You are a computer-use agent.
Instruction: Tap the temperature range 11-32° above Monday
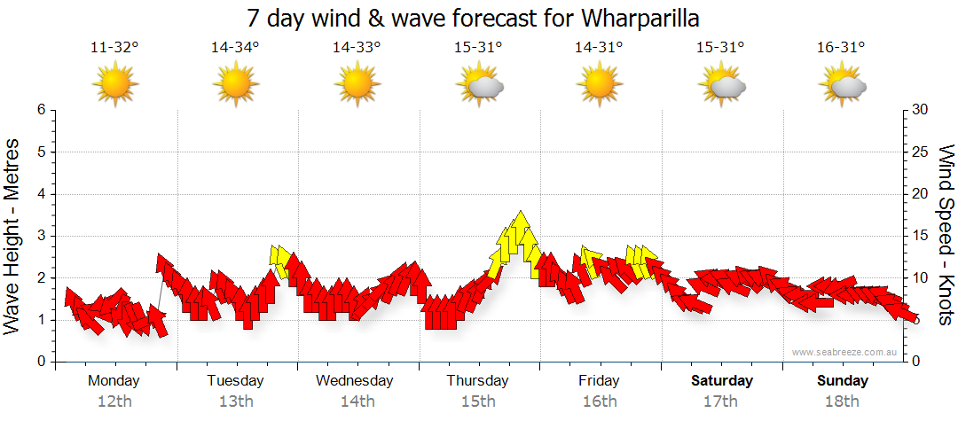coord(114,48)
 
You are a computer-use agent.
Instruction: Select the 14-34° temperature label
coord(235,48)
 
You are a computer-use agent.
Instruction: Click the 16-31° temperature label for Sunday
coord(841,48)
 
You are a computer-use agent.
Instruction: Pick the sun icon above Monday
coord(115,85)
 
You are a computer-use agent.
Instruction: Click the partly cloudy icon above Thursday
coord(479,85)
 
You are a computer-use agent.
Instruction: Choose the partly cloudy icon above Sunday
coord(842,85)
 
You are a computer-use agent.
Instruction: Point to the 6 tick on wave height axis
coord(41,110)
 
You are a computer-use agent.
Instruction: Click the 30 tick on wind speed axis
coord(922,110)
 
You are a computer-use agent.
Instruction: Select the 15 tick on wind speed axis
coord(921,236)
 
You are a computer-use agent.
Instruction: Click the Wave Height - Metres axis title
coord(13,236)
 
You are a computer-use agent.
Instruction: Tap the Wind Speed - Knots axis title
coord(945,236)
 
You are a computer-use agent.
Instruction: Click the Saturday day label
coord(722,381)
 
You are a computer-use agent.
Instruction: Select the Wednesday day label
coord(355,381)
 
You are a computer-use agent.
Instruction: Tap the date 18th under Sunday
coord(843,402)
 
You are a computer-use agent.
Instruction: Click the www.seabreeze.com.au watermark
coord(845,352)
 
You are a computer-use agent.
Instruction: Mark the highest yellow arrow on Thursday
coord(521,226)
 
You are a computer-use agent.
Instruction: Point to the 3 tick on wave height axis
coord(41,236)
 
